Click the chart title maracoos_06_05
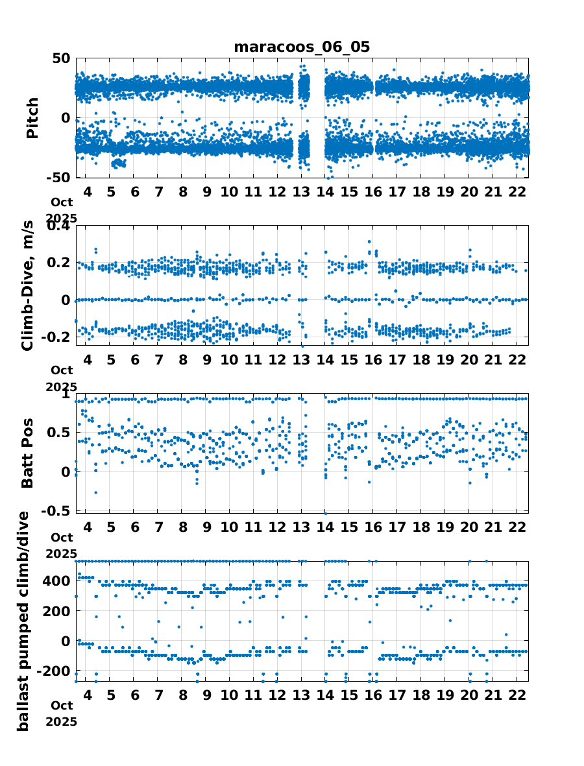302,47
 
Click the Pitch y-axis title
32,117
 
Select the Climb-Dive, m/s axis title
27,285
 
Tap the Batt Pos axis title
27,453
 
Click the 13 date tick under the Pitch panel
302,193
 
